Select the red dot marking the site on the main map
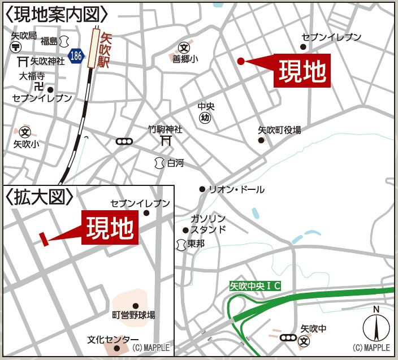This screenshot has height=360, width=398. pos(241,61)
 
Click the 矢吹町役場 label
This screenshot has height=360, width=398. pos(279,130)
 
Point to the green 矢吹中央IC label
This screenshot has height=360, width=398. pos(256,287)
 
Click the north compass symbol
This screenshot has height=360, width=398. pos(375,324)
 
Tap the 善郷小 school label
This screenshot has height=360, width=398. pos(184,59)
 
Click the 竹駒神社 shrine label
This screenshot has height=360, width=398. pos(165,129)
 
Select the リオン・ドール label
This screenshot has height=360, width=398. pos(236,190)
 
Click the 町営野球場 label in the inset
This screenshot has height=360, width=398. pos(133,315)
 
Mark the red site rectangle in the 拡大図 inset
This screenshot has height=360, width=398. pos(43,239)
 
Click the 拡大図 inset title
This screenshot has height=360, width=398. pos(40,197)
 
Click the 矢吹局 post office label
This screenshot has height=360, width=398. pos(24,36)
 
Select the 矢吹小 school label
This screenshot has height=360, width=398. pos(27,144)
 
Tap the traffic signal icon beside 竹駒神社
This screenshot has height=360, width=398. pos(123,142)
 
